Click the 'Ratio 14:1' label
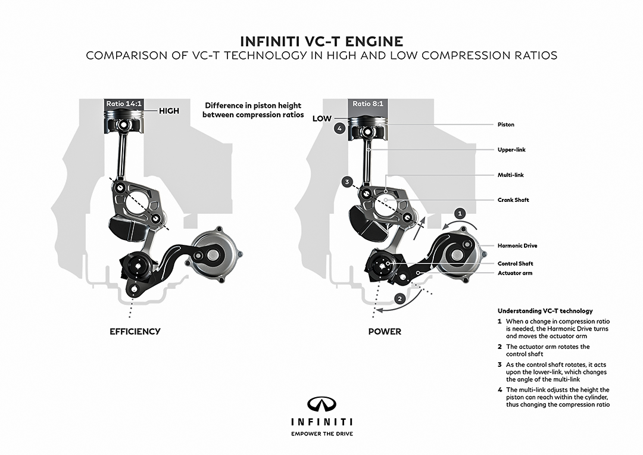pyautogui.click(x=124, y=104)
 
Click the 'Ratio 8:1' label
pyautogui.click(x=369, y=104)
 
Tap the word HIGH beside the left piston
pyautogui.click(x=169, y=111)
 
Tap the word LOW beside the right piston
pyautogui.click(x=321, y=119)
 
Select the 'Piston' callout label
pyautogui.click(x=505, y=125)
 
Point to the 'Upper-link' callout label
pyautogui.click(x=511, y=150)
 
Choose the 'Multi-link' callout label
pyautogui.click(x=510, y=175)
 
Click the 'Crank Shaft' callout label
pyautogui.click(x=513, y=200)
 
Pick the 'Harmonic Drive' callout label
pyautogui.click(x=517, y=245)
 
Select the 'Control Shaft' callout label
pyautogui.click(x=515, y=263)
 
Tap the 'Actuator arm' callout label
pyautogui.click(x=515, y=273)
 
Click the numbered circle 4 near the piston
pyautogui.click(x=340, y=129)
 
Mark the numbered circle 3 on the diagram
pyautogui.click(x=347, y=181)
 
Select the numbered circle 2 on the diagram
pyautogui.click(x=401, y=297)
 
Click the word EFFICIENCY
pyautogui.click(x=135, y=332)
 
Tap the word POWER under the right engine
pyautogui.click(x=385, y=332)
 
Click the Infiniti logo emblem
pyautogui.click(x=321, y=404)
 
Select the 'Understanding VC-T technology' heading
pyautogui.click(x=545, y=311)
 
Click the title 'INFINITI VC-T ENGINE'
pyautogui.click(x=321, y=41)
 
